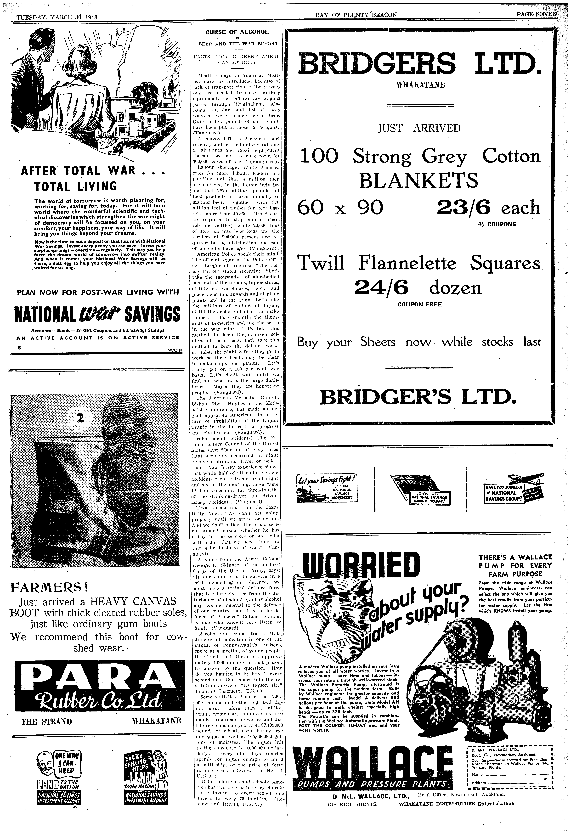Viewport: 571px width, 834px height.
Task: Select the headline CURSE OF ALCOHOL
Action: [x=237, y=32]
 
